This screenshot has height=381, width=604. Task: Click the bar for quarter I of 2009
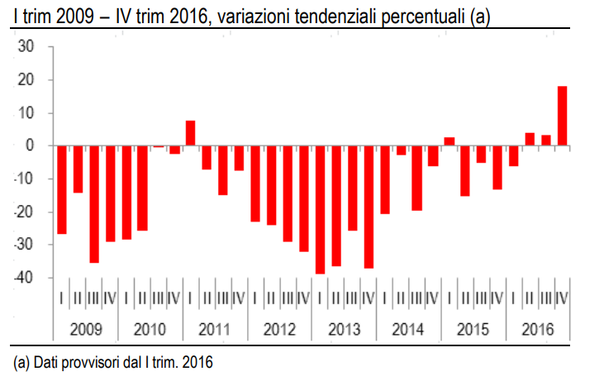[61, 189]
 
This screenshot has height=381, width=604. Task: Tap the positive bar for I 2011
[190, 133]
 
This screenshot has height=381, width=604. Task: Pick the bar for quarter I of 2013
[320, 209]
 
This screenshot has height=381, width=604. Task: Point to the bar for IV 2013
[369, 207]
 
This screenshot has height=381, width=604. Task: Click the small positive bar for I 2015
[449, 141]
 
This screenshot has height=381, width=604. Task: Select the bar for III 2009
[93, 204]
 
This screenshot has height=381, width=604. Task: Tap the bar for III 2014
[417, 178]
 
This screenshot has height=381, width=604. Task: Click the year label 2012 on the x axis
[279, 329]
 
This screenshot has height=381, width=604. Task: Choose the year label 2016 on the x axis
[538, 329]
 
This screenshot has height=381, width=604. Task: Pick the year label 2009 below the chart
[85, 329]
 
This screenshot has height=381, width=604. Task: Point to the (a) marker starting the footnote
[21, 361]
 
